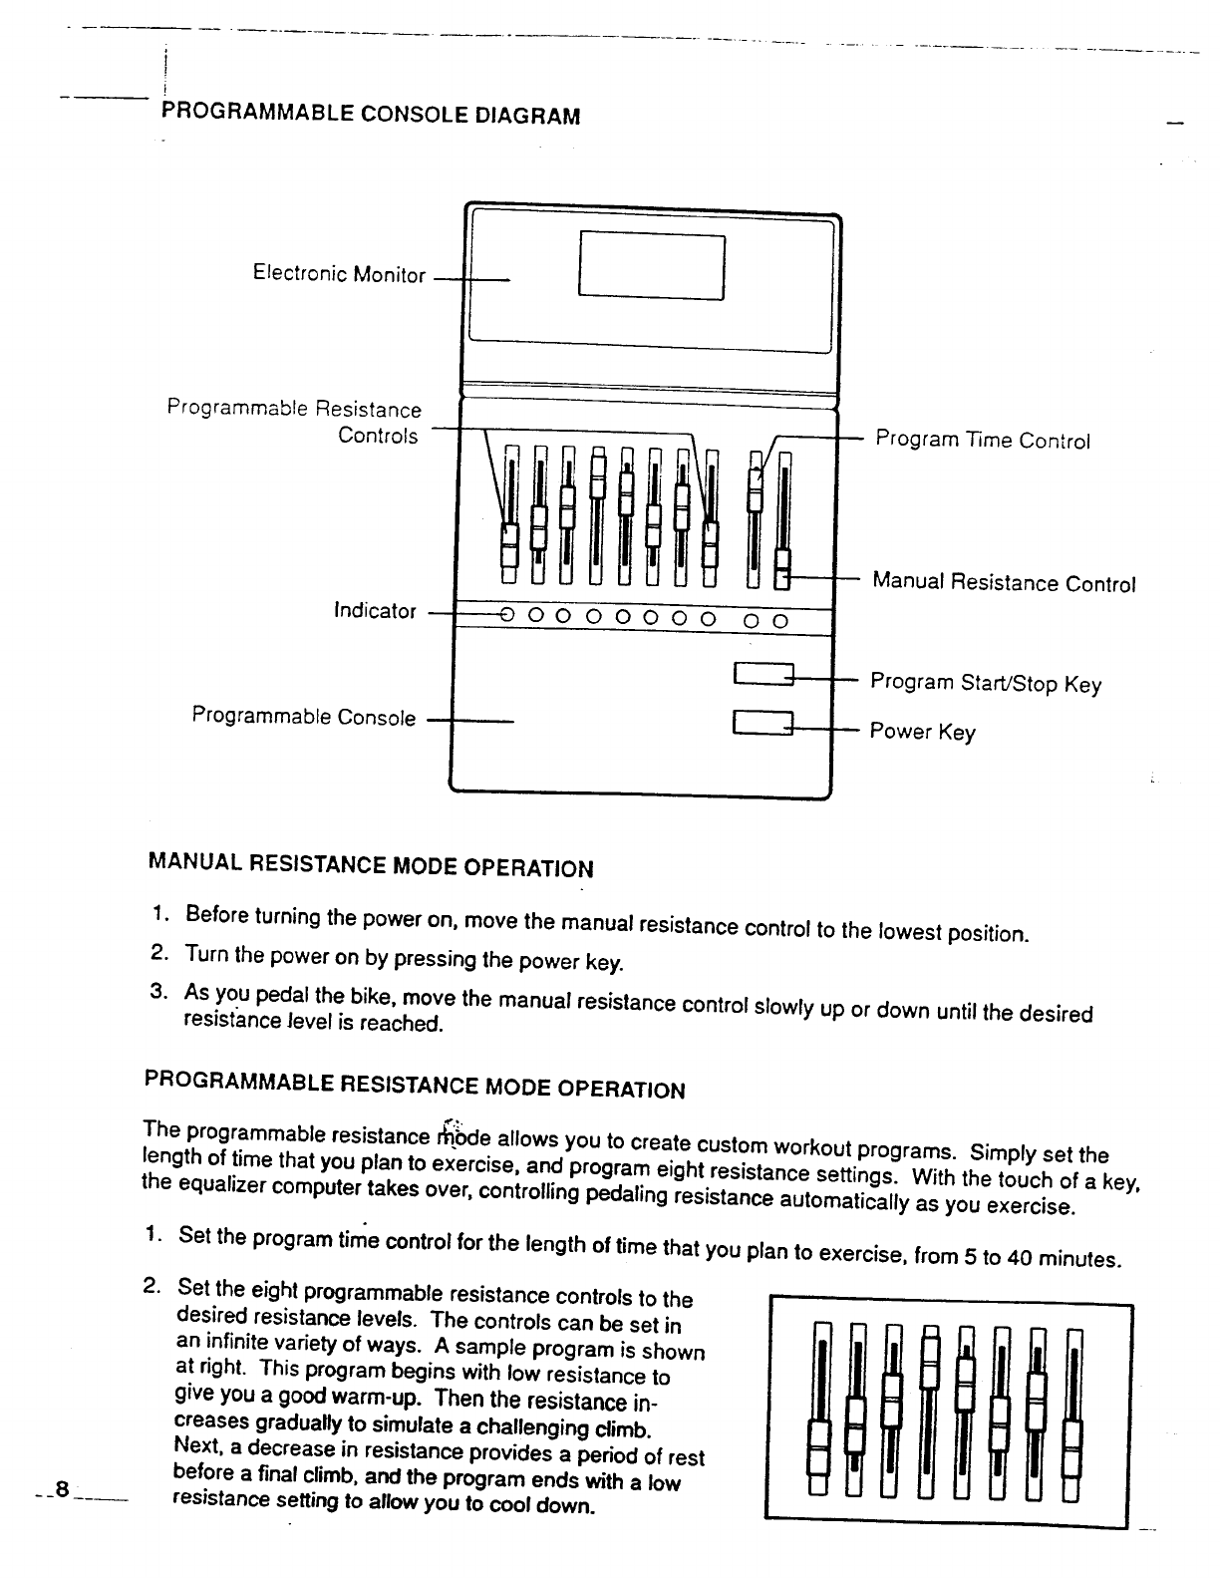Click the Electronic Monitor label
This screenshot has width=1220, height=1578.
coord(339,274)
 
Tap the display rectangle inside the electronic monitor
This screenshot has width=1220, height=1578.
coord(651,265)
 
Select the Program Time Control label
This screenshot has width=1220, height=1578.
coord(983,441)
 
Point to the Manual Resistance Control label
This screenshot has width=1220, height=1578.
coord(1004,583)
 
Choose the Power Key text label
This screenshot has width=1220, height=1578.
coord(922,732)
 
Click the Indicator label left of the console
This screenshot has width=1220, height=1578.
coord(375,611)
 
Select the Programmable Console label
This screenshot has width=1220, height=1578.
coord(304,717)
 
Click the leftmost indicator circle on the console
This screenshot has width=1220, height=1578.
coord(506,618)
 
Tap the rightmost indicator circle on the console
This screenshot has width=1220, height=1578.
coord(780,621)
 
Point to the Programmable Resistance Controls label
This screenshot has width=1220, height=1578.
coord(294,422)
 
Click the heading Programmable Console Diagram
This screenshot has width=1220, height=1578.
coord(370,115)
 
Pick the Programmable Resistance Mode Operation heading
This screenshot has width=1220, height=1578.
coord(415,1084)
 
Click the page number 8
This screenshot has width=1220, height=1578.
coord(62,1490)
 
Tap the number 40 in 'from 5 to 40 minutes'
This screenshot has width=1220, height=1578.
coord(1018,1257)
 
